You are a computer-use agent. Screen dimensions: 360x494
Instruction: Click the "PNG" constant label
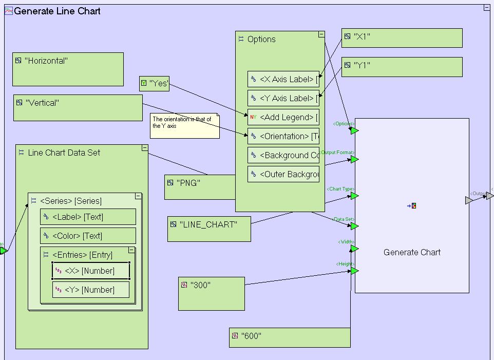point(188,183)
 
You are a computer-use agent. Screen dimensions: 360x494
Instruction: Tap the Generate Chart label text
point(412,252)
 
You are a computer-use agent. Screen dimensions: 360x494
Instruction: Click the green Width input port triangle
point(354,249)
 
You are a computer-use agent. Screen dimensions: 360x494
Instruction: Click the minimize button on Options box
point(321,34)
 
